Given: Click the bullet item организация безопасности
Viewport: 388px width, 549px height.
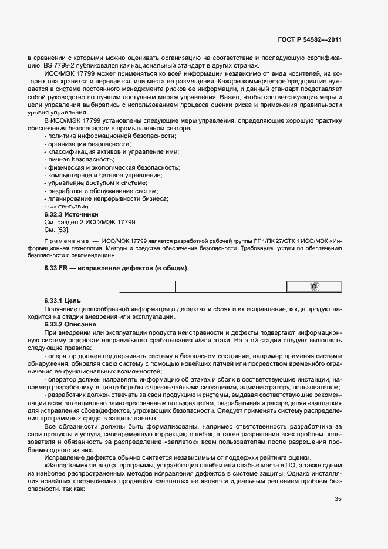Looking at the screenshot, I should pyautogui.click(x=87, y=143).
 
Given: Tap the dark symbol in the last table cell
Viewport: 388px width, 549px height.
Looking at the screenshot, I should pyautogui.click(x=313, y=287).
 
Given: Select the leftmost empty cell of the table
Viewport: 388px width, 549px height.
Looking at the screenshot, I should pyautogui.click(x=148, y=287).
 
